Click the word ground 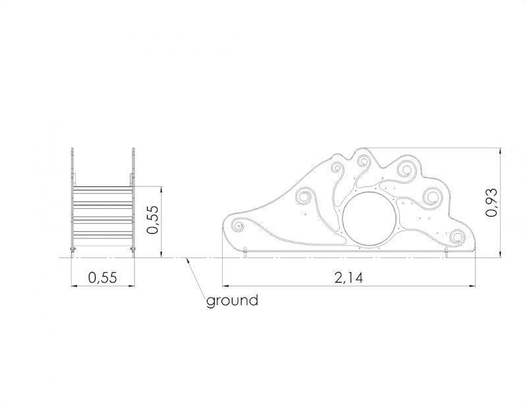(x=233, y=300)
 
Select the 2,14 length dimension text (x=348, y=278)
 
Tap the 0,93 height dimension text (x=491, y=202)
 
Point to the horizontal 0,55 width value (x=103, y=278)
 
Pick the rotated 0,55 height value (x=152, y=219)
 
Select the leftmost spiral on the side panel (x=238, y=226)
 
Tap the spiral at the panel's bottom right (x=457, y=236)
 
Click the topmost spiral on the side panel (x=363, y=162)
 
